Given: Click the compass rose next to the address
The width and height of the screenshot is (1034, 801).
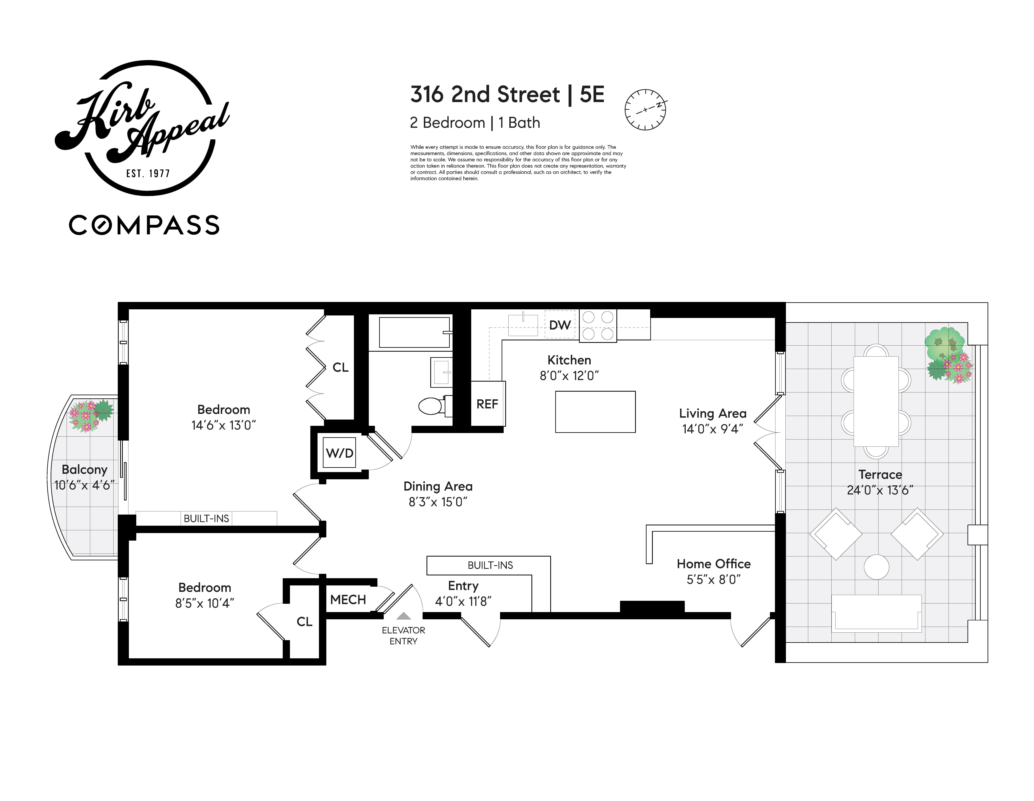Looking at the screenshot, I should pos(645,109).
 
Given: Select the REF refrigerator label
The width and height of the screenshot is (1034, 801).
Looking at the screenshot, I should pos(487,404).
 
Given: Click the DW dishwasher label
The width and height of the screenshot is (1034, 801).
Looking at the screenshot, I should pos(560,325).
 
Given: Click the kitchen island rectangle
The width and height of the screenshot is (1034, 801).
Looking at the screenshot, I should pos(595,411).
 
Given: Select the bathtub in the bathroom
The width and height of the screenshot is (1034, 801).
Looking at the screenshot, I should pos(414,332).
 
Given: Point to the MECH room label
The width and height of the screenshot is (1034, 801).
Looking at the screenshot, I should pos(348,599).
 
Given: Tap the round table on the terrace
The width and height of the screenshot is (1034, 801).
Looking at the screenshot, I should pos(876,567).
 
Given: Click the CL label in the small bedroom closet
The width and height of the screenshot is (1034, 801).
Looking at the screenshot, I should pos(304,621).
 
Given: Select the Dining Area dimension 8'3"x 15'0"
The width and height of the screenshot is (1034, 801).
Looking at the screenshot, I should pos(438,502).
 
